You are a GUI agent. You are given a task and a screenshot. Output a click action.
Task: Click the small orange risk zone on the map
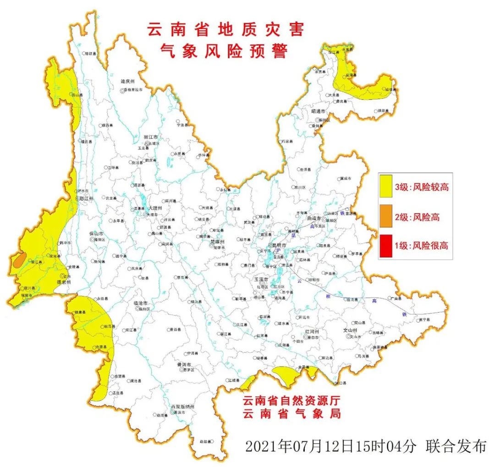(x=19, y=260)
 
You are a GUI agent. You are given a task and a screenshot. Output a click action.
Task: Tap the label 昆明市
(x=277, y=246)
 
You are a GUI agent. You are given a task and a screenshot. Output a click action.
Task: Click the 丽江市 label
(x=150, y=137)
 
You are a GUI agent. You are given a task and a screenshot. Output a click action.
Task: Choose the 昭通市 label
(x=318, y=111)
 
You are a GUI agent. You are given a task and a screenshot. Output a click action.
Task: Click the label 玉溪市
(x=262, y=279)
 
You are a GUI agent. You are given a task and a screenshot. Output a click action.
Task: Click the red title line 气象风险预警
(x=225, y=51)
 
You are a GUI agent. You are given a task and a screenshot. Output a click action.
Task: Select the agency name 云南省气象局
(x=291, y=413)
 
